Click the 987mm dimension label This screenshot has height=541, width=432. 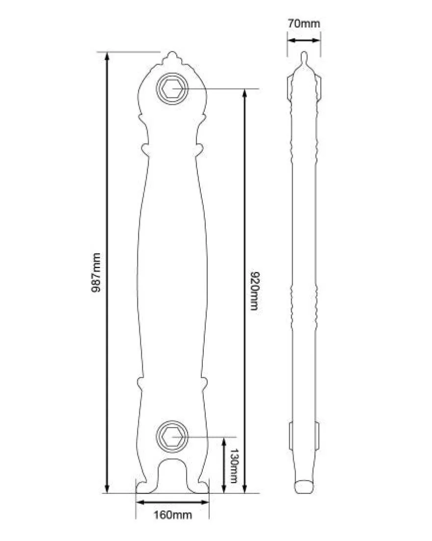(96, 272)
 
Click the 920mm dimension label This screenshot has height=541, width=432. (254, 291)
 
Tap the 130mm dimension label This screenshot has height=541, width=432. (234, 465)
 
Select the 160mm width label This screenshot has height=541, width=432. (173, 515)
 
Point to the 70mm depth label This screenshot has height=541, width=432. (304, 24)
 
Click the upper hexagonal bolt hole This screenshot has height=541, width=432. (172, 89)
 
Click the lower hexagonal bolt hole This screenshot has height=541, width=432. (172, 436)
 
